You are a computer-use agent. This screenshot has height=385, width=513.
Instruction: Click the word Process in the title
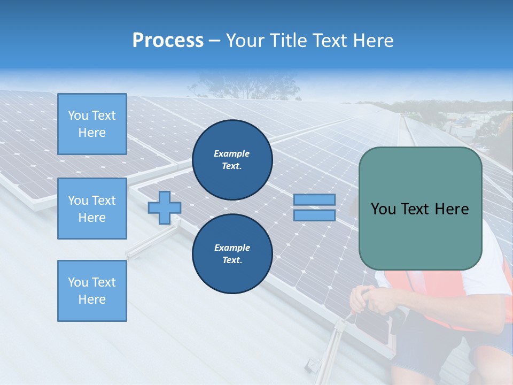[x=168, y=41]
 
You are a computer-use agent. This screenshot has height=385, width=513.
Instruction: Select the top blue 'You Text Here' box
[x=92, y=124]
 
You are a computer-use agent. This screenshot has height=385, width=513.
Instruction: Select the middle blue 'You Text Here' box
[x=92, y=209]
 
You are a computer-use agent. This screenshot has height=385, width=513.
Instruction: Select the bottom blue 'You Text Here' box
[x=92, y=290]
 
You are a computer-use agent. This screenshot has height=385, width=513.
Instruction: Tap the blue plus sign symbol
[x=164, y=207]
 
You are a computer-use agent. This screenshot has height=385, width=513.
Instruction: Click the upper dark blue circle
[x=232, y=160]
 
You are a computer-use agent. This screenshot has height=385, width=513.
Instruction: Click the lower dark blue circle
[x=232, y=254]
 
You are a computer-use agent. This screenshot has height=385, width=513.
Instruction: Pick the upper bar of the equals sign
[x=314, y=200]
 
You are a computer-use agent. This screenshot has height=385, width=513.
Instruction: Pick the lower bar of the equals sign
[x=314, y=215]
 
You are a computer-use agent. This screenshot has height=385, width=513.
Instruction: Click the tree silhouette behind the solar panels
[x=240, y=86]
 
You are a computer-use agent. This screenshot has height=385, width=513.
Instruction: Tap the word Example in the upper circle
[x=232, y=153]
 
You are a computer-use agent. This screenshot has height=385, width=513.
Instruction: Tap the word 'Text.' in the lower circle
[x=232, y=260]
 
